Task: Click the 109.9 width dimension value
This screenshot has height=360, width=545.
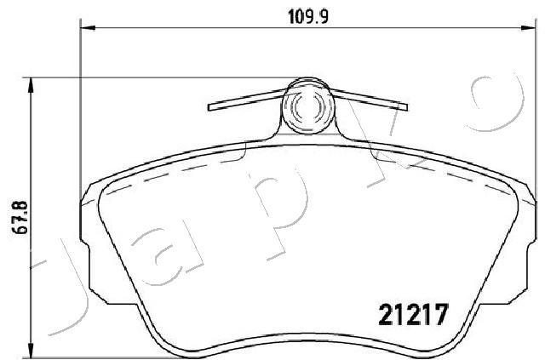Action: point(308,17)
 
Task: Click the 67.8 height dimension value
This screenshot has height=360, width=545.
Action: point(20,218)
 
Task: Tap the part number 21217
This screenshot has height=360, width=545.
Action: point(413,314)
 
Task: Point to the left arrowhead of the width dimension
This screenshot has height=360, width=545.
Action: point(88,28)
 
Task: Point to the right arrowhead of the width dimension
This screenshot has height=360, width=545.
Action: point(528,28)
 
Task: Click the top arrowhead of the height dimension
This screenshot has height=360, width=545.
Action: point(32,85)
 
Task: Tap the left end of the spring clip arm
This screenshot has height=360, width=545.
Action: point(209,106)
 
